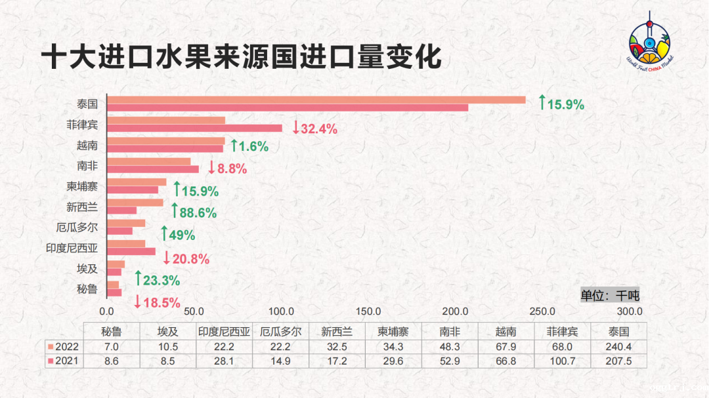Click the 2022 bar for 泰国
316,100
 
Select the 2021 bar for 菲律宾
194,129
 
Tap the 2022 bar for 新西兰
135,203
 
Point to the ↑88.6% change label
194,212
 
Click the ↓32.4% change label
315,129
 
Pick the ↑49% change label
178,235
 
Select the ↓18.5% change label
157,302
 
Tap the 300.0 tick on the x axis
630,311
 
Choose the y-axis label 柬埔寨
82,186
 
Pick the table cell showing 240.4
618,346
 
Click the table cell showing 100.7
562,361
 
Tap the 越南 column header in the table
505,331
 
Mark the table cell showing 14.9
280,361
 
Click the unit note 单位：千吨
609,295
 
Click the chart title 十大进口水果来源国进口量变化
241,57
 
